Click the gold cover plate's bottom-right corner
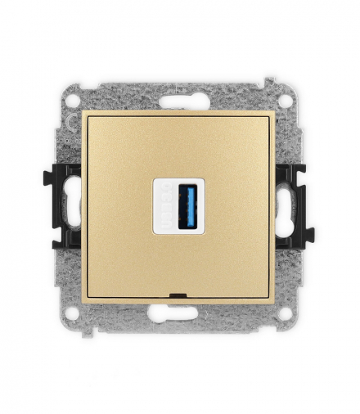point(274,299)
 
